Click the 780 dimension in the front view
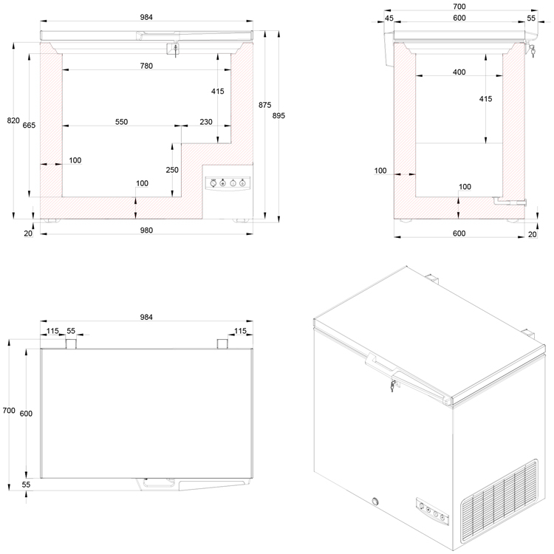[146, 66]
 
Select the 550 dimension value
[122, 122]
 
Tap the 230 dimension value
[206, 122]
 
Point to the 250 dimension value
[173, 169]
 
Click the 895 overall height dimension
[278, 116]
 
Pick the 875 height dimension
[264, 105]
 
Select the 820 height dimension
[13, 120]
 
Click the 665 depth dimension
[29, 126]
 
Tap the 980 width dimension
[146, 230]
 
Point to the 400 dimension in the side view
[459, 72]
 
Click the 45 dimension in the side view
[389, 18]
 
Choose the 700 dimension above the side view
[459, 7]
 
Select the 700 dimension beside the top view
[8, 410]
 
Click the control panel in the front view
[228, 182]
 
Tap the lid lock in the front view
[176, 48]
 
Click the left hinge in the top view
[72, 344]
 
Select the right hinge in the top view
[222, 344]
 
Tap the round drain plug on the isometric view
[377, 503]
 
